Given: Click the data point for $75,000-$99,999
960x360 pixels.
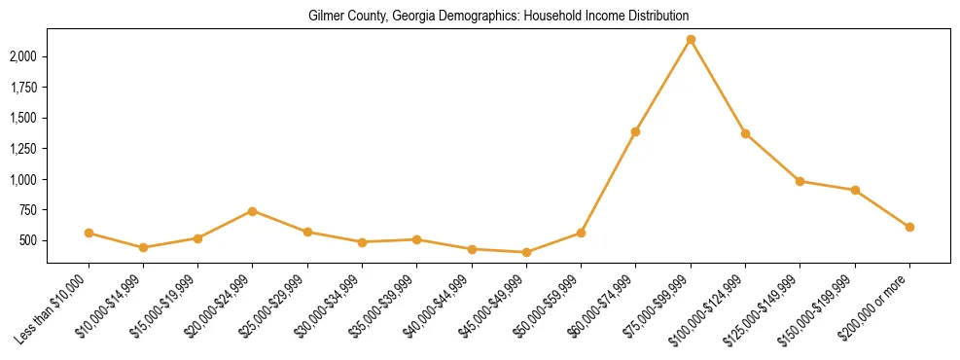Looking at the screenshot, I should (x=691, y=40).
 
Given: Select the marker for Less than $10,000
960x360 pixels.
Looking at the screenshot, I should (x=89, y=234).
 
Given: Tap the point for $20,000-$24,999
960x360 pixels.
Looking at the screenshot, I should (x=253, y=211).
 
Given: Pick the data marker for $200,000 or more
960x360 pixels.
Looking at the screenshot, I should (x=909, y=227).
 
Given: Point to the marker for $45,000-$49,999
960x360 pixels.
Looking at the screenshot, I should (x=526, y=252).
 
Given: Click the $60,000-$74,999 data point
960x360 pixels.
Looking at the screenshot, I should (x=636, y=131).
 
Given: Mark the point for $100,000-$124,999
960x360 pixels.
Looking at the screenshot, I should (x=745, y=133).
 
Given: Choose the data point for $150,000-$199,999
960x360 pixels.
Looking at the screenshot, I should (x=855, y=190).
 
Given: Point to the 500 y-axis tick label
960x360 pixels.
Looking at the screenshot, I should (x=29, y=240).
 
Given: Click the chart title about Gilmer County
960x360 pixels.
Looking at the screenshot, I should (x=498, y=17).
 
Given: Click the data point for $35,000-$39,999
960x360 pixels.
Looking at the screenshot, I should (x=416, y=239).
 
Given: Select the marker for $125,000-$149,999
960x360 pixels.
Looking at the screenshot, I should (x=800, y=181).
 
